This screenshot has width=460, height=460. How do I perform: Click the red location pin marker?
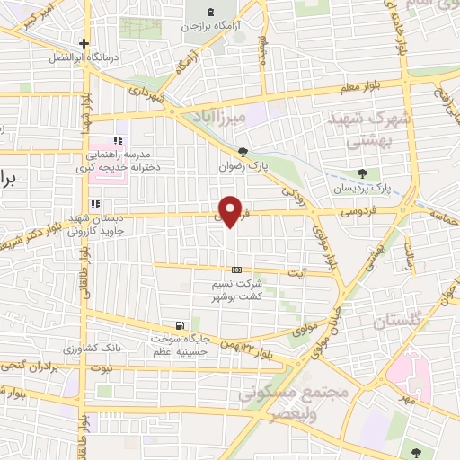click(x=231, y=212)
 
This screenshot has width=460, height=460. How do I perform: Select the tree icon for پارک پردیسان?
click(x=362, y=173)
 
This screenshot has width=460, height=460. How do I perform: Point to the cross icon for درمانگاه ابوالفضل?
click(x=84, y=43)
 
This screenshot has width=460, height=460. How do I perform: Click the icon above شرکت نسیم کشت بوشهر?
click(x=236, y=270)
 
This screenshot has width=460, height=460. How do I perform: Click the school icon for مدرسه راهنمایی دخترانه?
click(x=118, y=140)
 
